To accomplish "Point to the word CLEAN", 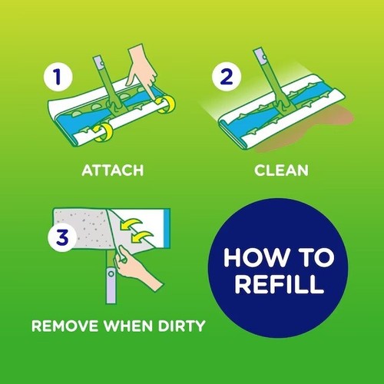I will (x=283, y=170).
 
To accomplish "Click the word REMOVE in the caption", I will (x=61, y=326).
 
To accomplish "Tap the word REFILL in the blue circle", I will (x=277, y=286).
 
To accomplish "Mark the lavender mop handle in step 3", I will (x=112, y=288).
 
